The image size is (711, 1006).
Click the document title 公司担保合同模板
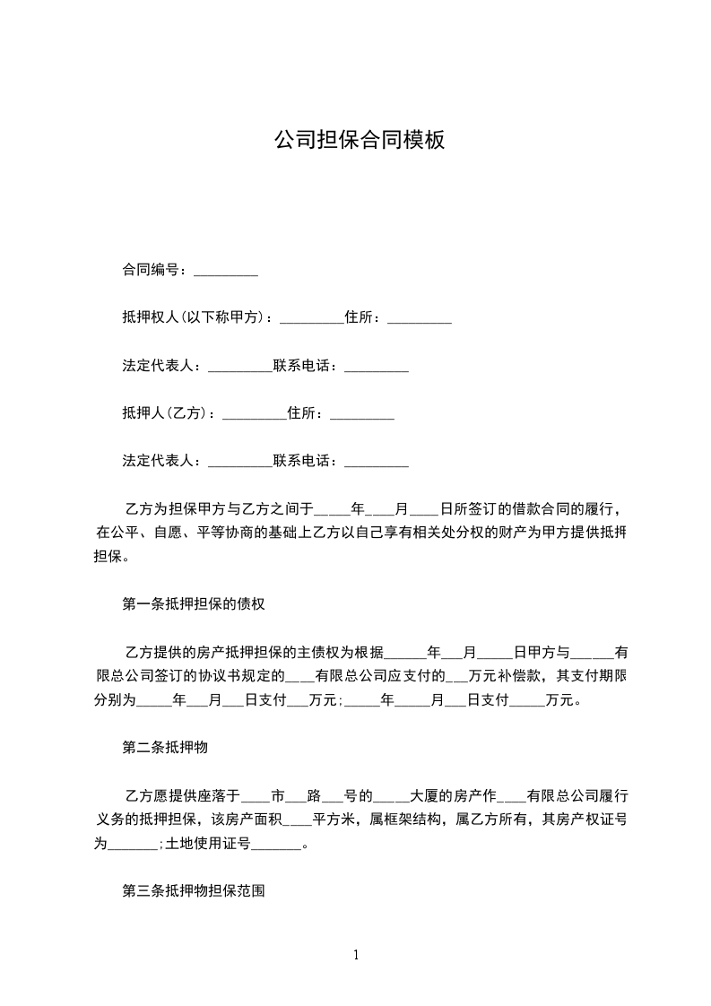[359, 141]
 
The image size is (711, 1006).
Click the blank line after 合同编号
[226, 270]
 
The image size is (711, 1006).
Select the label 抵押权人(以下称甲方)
[197, 317]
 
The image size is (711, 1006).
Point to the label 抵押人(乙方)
[168, 413]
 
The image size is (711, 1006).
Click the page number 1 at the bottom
[356, 955]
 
